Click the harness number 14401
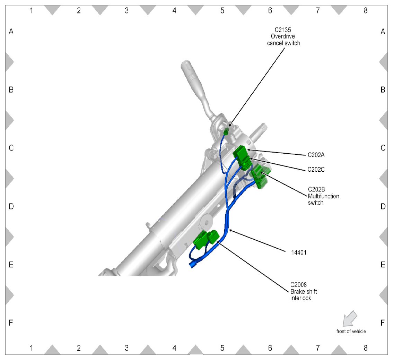[299, 252]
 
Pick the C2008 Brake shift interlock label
[303, 291]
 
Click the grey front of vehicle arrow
[349, 318]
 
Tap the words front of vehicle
[351, 331]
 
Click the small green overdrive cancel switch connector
[226, 132]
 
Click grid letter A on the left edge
[11, 32]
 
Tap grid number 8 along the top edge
[365, 10]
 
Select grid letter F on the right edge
[383, 323]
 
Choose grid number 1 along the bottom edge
[31, 348]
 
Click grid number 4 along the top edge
[174, 10]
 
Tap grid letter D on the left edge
[11, 206]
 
